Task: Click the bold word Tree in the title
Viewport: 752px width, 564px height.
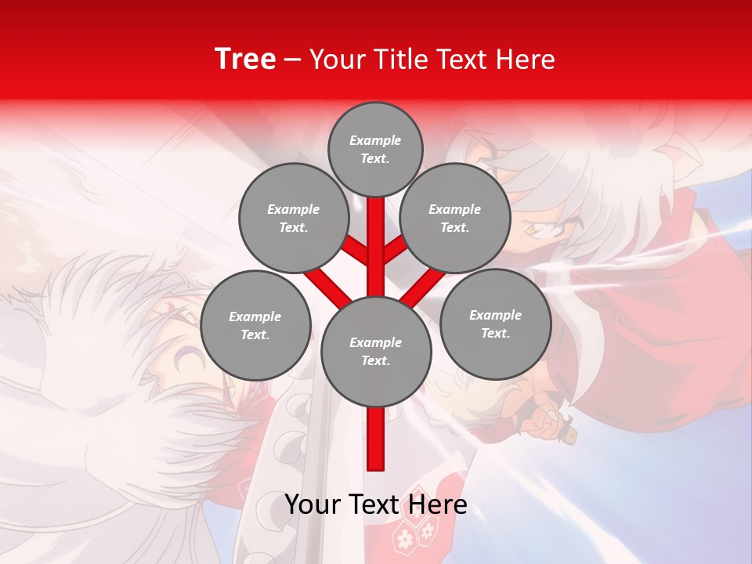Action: (245, 59)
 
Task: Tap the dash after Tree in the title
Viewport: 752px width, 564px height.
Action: (292, 60)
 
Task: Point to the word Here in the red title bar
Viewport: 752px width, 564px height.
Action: (525, 60)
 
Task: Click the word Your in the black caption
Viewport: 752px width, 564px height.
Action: (313, 504)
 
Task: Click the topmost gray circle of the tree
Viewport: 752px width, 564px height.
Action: (375, 149)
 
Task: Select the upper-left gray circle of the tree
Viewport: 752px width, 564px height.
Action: (293, 218)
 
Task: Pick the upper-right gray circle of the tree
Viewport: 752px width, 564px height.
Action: (455, 218)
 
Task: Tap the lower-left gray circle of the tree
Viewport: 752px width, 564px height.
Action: (255, 325)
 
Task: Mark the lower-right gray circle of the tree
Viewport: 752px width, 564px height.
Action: (495, 324)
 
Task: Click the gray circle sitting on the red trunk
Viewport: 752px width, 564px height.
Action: (376, 351)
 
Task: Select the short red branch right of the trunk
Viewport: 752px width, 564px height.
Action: (396, 251)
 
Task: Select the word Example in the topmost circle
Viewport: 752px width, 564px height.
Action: (375, 140)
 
